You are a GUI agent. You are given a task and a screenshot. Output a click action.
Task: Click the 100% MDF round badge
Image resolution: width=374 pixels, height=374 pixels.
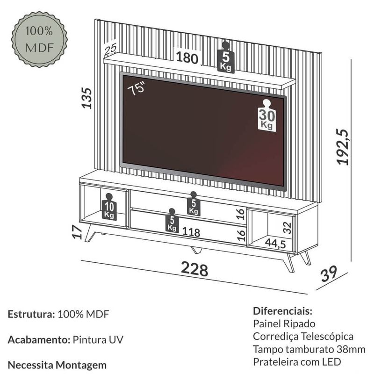click(x=39, y=40)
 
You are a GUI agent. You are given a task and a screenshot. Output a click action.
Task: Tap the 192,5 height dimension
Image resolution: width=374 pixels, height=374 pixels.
click(x=343, y=147)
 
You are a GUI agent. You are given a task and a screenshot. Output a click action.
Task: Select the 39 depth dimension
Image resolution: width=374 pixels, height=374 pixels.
click(x=329, y=273)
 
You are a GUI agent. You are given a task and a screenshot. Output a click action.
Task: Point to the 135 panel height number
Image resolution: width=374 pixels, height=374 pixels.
click(x=86, y=98)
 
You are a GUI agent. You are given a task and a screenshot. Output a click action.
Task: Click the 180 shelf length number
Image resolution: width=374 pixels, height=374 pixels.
click(x=187, y=58)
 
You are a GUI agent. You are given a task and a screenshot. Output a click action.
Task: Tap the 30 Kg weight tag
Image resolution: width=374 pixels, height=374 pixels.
click(x=267, y=115)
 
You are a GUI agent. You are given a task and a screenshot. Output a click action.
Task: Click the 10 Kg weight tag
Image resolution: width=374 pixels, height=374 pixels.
click(x=109, y=207)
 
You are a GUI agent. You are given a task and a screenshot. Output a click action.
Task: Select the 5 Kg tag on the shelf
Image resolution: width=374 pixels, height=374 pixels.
click(x=226, y=57)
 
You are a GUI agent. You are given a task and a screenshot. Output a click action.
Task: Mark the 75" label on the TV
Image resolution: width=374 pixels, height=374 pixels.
click(x=136, y=88)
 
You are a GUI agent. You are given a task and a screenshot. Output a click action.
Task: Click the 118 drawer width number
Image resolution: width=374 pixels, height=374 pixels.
click(x=191, y=232)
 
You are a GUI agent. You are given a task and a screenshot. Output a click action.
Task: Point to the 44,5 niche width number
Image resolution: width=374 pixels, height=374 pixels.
click(x=275, y=244)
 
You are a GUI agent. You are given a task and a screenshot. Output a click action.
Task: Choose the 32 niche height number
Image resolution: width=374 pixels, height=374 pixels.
click(x=288, y=228)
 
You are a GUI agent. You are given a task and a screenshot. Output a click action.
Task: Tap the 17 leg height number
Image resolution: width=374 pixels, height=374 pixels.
click(x=77, y=232)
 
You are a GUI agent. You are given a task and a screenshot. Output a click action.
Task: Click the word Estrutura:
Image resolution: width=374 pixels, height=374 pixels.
click(x=31, y=314)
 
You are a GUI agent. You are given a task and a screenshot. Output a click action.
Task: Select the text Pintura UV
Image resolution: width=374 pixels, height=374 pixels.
click(x=98, y=340)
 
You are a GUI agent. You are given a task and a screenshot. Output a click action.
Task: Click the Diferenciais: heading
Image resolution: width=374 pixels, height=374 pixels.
click(x=283, y=311)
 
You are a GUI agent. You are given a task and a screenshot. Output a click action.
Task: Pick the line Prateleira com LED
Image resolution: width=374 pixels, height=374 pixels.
click(x=297, y=362)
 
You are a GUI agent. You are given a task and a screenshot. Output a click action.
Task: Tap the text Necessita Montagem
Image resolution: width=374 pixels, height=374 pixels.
click(x=57, y=365)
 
